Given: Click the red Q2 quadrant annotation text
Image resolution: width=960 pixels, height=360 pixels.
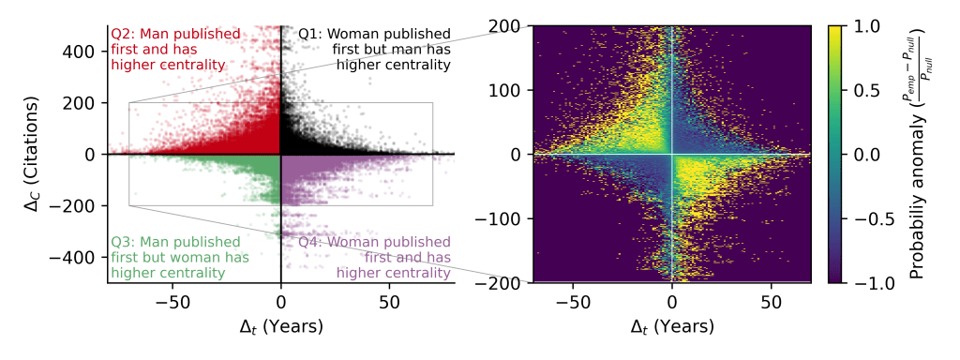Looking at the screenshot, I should pyautogui.click(x=168, y=50).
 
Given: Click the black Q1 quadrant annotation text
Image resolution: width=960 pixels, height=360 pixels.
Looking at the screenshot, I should pyautogui.click(x=375, y=50).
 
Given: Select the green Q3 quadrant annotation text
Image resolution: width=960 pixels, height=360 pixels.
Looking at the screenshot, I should pyautogui.click(x=168, y=257).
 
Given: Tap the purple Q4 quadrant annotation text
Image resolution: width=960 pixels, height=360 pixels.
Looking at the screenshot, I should pyautogui.click(x=375, y=257).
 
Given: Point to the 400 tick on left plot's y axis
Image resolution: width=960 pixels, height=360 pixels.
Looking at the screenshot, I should pyautogui.click(x=83, y=51).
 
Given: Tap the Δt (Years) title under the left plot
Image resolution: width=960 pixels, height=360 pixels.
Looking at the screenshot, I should pyautogui.click(x=281, y=326).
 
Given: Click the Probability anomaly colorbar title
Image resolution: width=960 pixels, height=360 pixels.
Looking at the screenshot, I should pyautogui.click(x=923, y=154).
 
